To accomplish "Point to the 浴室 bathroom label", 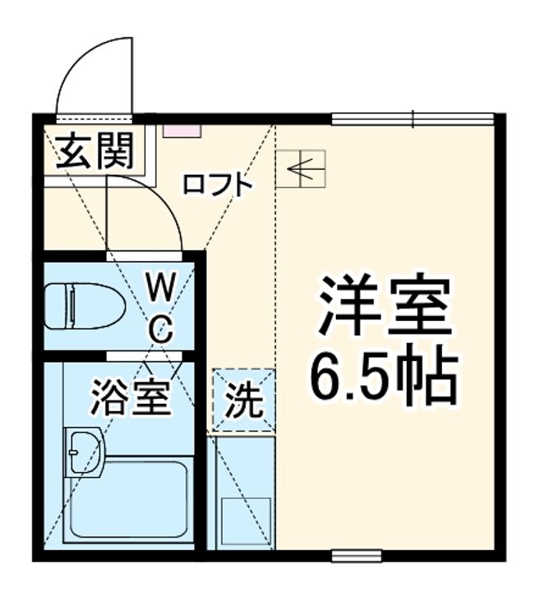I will click(x=131, y=396).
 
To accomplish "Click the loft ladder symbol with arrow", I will click(x=301, y=169).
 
